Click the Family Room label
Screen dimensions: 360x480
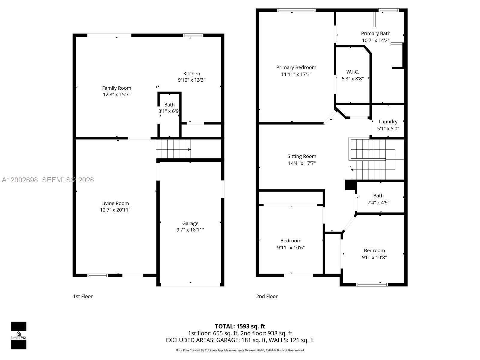(116, 88)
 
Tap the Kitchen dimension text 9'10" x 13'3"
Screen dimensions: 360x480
(191, 80)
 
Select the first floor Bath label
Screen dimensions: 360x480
(169, 105)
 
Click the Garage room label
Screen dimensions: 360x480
(190, 223)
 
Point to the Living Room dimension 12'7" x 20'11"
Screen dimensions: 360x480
(115, 210)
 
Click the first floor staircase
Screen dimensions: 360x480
(173, 149)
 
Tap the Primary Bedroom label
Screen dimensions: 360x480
(296, 67)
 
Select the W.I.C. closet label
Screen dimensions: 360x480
(352, 72)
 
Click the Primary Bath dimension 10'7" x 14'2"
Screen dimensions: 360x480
(376, 40)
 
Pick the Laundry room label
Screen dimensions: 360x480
(388, 121)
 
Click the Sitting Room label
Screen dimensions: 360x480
(301, 156)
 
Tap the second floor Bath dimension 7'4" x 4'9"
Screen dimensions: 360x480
(378, 202)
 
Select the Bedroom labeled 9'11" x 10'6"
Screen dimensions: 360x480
(291, 241)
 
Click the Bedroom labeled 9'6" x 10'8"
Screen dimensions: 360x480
(374, 250)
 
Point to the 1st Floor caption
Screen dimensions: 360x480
(83, 296)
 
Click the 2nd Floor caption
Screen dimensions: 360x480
(267, 296)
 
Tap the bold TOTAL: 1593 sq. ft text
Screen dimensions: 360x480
(240, 326)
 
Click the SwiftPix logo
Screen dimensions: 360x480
(19, 335)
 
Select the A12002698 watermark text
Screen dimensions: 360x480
(20, 180)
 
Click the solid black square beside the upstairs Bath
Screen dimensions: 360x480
(350, 185)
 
